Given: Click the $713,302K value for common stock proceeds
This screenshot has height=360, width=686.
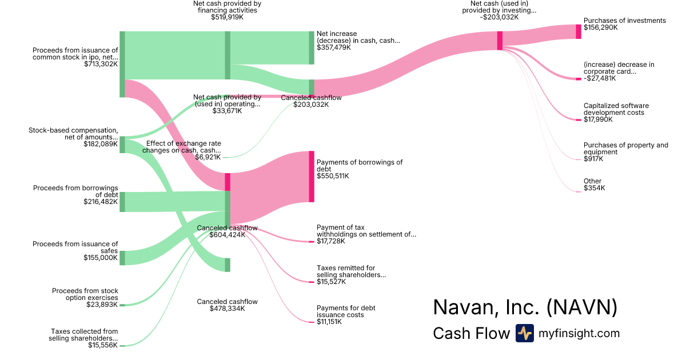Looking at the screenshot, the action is point(101,64).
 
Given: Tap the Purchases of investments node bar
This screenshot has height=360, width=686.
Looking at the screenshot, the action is point(578,31).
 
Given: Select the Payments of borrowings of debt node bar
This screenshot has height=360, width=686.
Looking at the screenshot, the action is point(312,176).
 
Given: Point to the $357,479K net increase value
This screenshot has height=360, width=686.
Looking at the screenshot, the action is point(334,47).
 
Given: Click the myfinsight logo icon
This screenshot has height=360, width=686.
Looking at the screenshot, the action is point(524,333).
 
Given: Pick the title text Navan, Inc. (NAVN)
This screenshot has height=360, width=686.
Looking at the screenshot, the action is point(525,307).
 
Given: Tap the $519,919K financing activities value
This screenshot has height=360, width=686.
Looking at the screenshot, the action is point(227,17).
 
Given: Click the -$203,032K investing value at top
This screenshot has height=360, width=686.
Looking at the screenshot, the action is point(500,17).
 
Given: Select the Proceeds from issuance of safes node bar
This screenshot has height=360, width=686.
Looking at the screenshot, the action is point(122,258).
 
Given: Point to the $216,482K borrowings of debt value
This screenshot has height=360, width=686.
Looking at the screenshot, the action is point(101,202).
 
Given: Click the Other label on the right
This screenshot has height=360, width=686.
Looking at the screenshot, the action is point(592,181).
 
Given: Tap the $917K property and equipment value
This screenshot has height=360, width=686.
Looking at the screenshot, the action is point(593,159).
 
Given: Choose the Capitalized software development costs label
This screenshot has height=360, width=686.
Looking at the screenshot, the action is point(616,109).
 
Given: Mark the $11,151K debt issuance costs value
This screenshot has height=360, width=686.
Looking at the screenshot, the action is point(329,322).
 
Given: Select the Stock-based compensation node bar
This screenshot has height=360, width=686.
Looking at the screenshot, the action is point(122,145).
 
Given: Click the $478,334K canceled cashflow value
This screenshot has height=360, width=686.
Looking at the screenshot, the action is point(227,309).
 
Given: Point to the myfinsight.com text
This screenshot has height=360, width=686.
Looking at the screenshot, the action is point(579,333).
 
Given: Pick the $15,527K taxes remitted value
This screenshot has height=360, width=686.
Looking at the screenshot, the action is point(329,282).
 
